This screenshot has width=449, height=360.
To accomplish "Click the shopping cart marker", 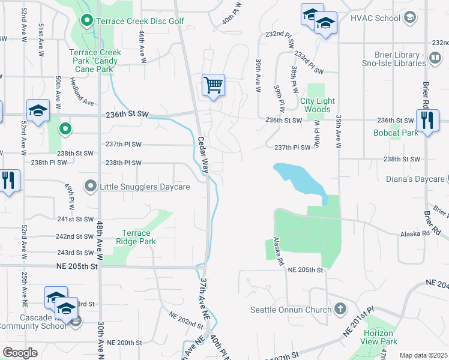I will (x=213, y=85).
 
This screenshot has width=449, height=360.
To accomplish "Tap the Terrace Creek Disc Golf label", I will (x=142, y=22).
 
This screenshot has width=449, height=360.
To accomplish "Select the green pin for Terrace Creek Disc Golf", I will (x=87, y=22).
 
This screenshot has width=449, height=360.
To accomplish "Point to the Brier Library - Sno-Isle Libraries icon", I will (x=435, y=56).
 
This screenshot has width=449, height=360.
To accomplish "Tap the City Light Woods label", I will (x=318, y=105).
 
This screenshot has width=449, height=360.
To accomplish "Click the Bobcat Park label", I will (x=396, y=133).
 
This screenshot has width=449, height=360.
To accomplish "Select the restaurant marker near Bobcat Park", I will (x=426, y=120).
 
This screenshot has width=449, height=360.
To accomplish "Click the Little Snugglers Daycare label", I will (x=145, y=187).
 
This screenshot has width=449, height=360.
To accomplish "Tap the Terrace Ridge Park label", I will (x=139, y=237).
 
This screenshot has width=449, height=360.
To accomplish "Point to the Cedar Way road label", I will (x=203, y=156).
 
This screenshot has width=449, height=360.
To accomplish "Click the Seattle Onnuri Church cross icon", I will (x=340, y=310).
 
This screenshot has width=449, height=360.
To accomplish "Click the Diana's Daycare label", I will (x=415, y=179).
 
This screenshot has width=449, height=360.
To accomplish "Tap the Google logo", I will (x=20, y=353).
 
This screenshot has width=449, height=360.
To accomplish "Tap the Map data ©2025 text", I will (x=423, y=355).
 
